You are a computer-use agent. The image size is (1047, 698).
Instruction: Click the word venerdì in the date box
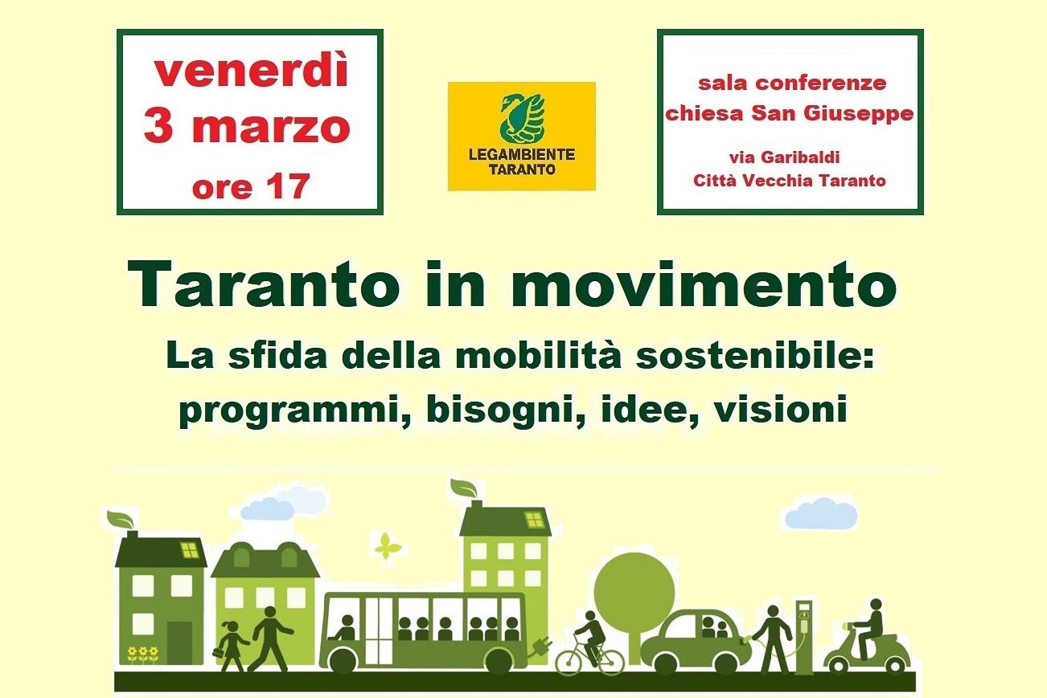(x=251, y=71)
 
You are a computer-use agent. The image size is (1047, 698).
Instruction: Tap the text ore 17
(x=251, y=186)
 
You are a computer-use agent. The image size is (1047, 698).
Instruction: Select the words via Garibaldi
(x=784, y=157)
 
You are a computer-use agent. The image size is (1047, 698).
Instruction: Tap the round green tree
(x=634, y=602)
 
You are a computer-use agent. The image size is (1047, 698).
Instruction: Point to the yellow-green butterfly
(x=388, y=546)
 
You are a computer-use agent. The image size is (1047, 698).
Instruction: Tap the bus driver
(x=346, y=628)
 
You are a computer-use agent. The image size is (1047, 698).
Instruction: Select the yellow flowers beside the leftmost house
(x=143, y=654)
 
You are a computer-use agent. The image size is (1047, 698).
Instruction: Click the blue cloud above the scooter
(x=821, y=513)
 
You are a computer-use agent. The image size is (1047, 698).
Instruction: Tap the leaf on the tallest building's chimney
(x=463, y=488)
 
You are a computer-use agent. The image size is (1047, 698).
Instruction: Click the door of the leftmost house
(x=179, y=643)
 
